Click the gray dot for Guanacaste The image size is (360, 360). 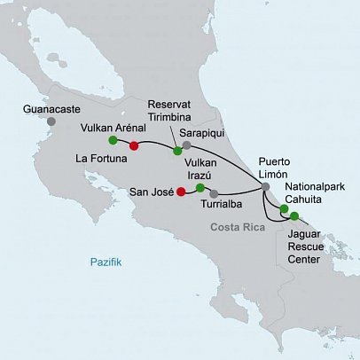pos(51,121)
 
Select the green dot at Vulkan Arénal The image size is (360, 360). pos(113,140)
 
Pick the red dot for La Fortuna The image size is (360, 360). pos(134,146)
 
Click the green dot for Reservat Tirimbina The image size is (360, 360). pos(177,151)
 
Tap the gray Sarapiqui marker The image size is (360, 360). pos(187,144)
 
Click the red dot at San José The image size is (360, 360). pos(181,191)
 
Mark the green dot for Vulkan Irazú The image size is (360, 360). pos(200,188)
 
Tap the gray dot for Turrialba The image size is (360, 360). pos(214,193)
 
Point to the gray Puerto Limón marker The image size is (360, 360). pos(265,186)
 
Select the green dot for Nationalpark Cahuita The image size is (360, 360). pos(284,209)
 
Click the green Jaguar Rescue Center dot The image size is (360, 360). pos(294,215)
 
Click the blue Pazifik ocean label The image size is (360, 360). pos(105,262)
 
